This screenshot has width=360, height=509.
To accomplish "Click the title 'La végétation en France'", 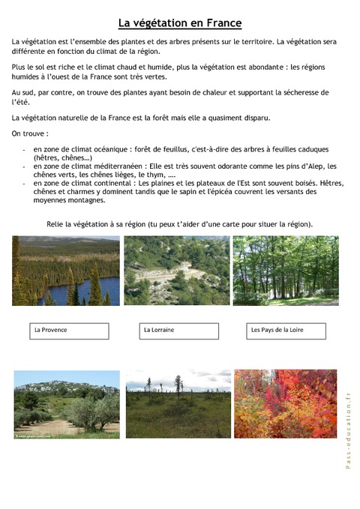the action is click(x=180, y=23).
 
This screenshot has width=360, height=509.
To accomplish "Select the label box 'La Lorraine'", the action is click(x=181, y=330).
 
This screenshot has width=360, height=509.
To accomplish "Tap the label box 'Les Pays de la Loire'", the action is click(x=286, y=330).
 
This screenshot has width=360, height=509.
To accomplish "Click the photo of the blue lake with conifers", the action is click(x=66, y=271).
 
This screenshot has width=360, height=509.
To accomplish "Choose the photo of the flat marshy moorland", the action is click(x=178, y=404).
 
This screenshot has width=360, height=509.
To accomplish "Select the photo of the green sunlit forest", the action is click(x=285, y=271).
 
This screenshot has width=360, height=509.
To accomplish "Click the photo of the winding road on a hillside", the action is click(x=178, y=271).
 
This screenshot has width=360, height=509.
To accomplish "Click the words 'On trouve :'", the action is click(x=30, y=133).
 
